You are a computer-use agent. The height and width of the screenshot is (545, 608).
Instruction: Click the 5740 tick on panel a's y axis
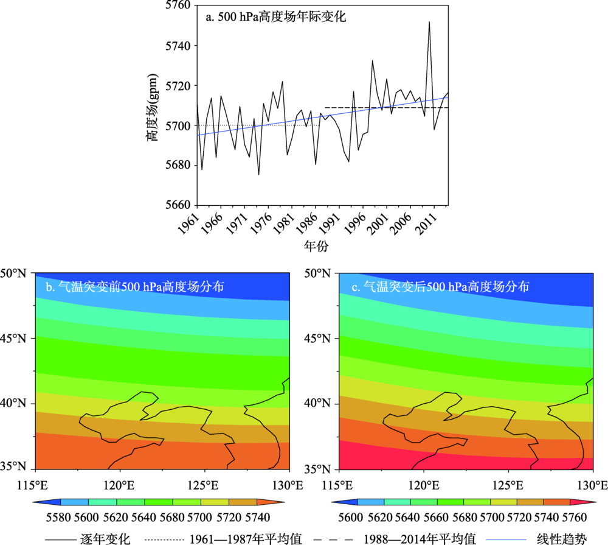pos(178,46)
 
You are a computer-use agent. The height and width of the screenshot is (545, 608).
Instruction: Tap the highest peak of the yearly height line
pos(429,22)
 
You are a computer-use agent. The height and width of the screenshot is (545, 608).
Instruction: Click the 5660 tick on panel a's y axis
pos(178,205)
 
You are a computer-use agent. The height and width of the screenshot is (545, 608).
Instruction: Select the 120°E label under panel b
pos(120,485)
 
